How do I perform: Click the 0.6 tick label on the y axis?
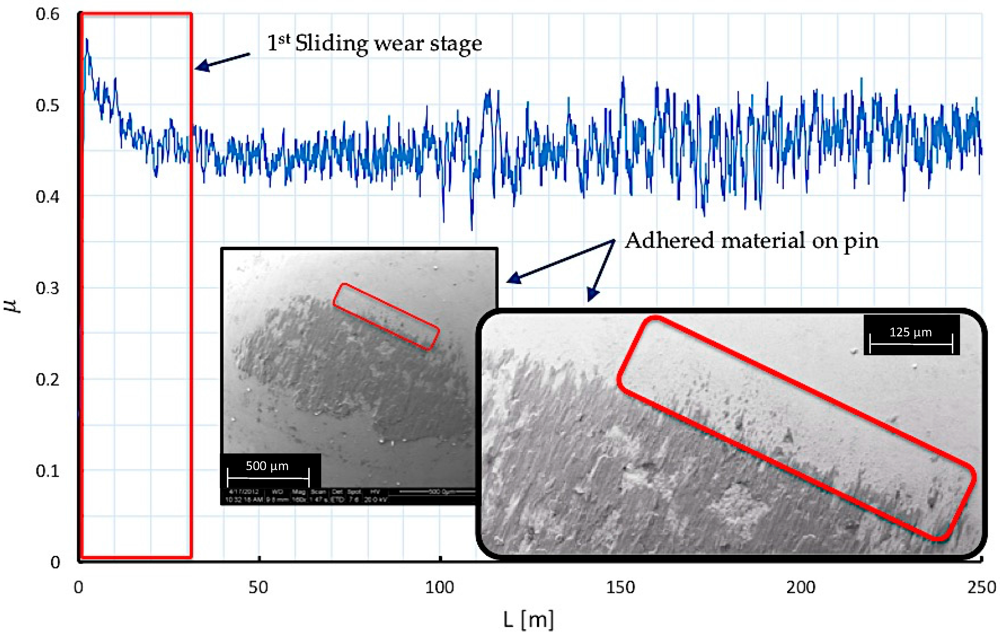pos(47,15)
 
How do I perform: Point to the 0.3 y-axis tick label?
pos(47,288)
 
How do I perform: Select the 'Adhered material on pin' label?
pos(752,241)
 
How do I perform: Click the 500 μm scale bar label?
pos(267,466)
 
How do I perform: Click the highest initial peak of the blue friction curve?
pos(87,39)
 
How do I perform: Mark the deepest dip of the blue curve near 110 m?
pos(472,229)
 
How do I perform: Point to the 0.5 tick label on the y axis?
pos(47,106)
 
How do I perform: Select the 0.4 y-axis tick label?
pos(47,197)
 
